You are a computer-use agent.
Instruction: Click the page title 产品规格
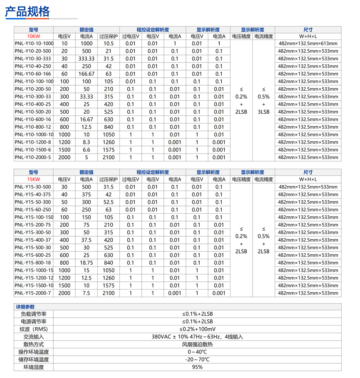click(27, 12)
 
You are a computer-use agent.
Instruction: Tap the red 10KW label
click(33, 36)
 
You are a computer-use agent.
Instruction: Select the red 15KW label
click(33, 179)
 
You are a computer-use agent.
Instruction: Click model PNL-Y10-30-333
click(33, 59)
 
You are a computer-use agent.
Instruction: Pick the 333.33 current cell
click(86, 59)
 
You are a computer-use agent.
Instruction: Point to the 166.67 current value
click(86, 74)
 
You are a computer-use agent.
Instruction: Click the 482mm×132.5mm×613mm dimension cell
click(308, 44)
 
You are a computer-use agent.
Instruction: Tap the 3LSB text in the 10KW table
click(264, 112)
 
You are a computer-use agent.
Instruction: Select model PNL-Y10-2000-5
click(33, 157)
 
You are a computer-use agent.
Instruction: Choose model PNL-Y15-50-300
click(33, 202)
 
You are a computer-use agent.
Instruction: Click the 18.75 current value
click(86, 263)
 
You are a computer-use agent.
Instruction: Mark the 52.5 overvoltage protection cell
click(108, 202)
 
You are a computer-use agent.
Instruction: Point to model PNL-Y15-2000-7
click(33, 293)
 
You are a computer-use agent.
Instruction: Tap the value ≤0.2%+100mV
click(197, 329)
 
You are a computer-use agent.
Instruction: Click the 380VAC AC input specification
click(197, 337)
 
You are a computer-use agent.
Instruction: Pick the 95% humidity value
click(197, 367)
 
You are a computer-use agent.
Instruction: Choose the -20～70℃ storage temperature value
click(197, 359)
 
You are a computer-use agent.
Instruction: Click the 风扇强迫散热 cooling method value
click(197, 344)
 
